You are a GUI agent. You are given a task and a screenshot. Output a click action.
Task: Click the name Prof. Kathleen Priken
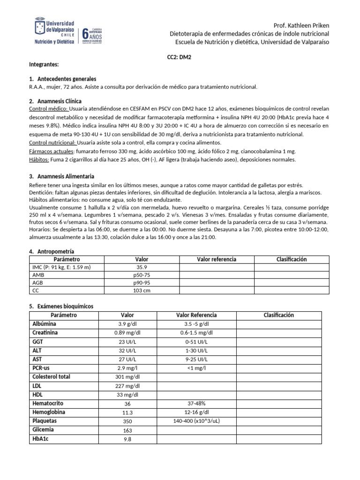point(301,25)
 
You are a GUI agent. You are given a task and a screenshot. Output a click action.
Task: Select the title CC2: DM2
point(180,55)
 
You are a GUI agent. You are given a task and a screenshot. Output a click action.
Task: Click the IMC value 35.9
point(142,267)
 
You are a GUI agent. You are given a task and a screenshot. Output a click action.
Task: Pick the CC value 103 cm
point(142,291)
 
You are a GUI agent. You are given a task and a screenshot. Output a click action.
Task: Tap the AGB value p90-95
point(142,283)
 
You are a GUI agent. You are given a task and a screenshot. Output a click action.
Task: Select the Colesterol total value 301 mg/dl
point(127,377)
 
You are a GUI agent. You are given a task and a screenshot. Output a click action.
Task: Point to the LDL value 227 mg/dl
point(127,386)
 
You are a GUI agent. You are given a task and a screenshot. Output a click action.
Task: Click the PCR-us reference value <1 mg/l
point(196,368)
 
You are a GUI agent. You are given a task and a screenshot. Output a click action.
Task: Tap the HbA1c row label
point(41,439)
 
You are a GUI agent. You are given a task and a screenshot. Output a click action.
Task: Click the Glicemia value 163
point(127,430)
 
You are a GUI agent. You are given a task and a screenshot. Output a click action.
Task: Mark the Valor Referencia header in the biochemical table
point(196,315)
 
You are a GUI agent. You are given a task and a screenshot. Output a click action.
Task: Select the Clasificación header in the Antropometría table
point(291,259)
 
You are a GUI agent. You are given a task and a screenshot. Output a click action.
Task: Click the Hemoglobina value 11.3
point(127,412)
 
